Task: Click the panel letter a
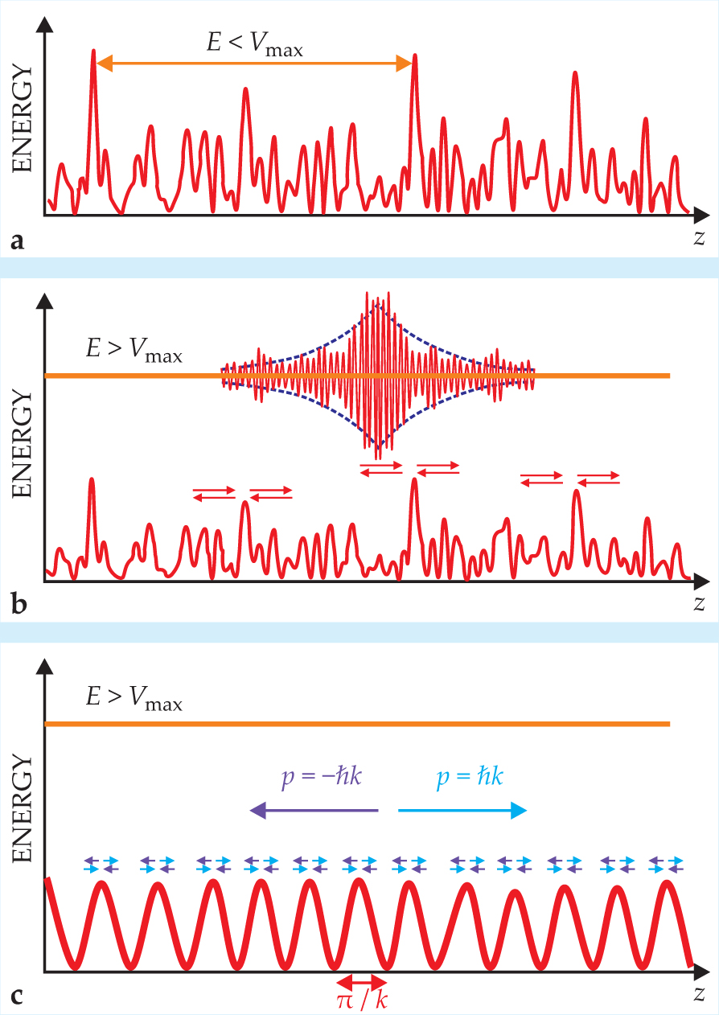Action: click(16, 239)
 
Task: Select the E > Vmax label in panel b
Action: click(134, 351)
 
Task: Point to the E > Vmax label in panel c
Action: click(134, 701)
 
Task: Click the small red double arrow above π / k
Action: click(362, 982)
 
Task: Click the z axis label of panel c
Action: click(700, 994)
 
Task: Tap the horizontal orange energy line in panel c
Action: click(357, 725)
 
